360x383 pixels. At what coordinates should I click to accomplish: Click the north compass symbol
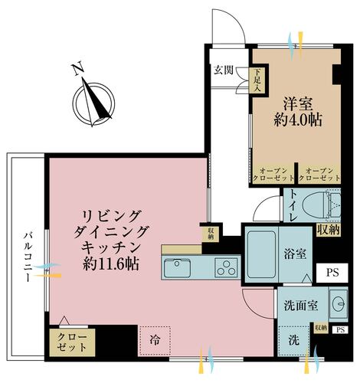(93, 100)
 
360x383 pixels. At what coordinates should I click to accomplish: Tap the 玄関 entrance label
(224, 70)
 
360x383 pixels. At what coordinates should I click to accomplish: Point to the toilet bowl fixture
(319, 205)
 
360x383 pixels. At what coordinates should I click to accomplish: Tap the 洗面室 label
(295, 304)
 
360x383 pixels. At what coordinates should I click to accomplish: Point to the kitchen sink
(178, 268)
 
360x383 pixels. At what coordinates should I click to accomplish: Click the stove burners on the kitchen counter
(227, 268)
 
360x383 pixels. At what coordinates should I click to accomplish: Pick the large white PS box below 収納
(332, 272)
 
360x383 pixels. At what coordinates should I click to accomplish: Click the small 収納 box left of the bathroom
(210, 233)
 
